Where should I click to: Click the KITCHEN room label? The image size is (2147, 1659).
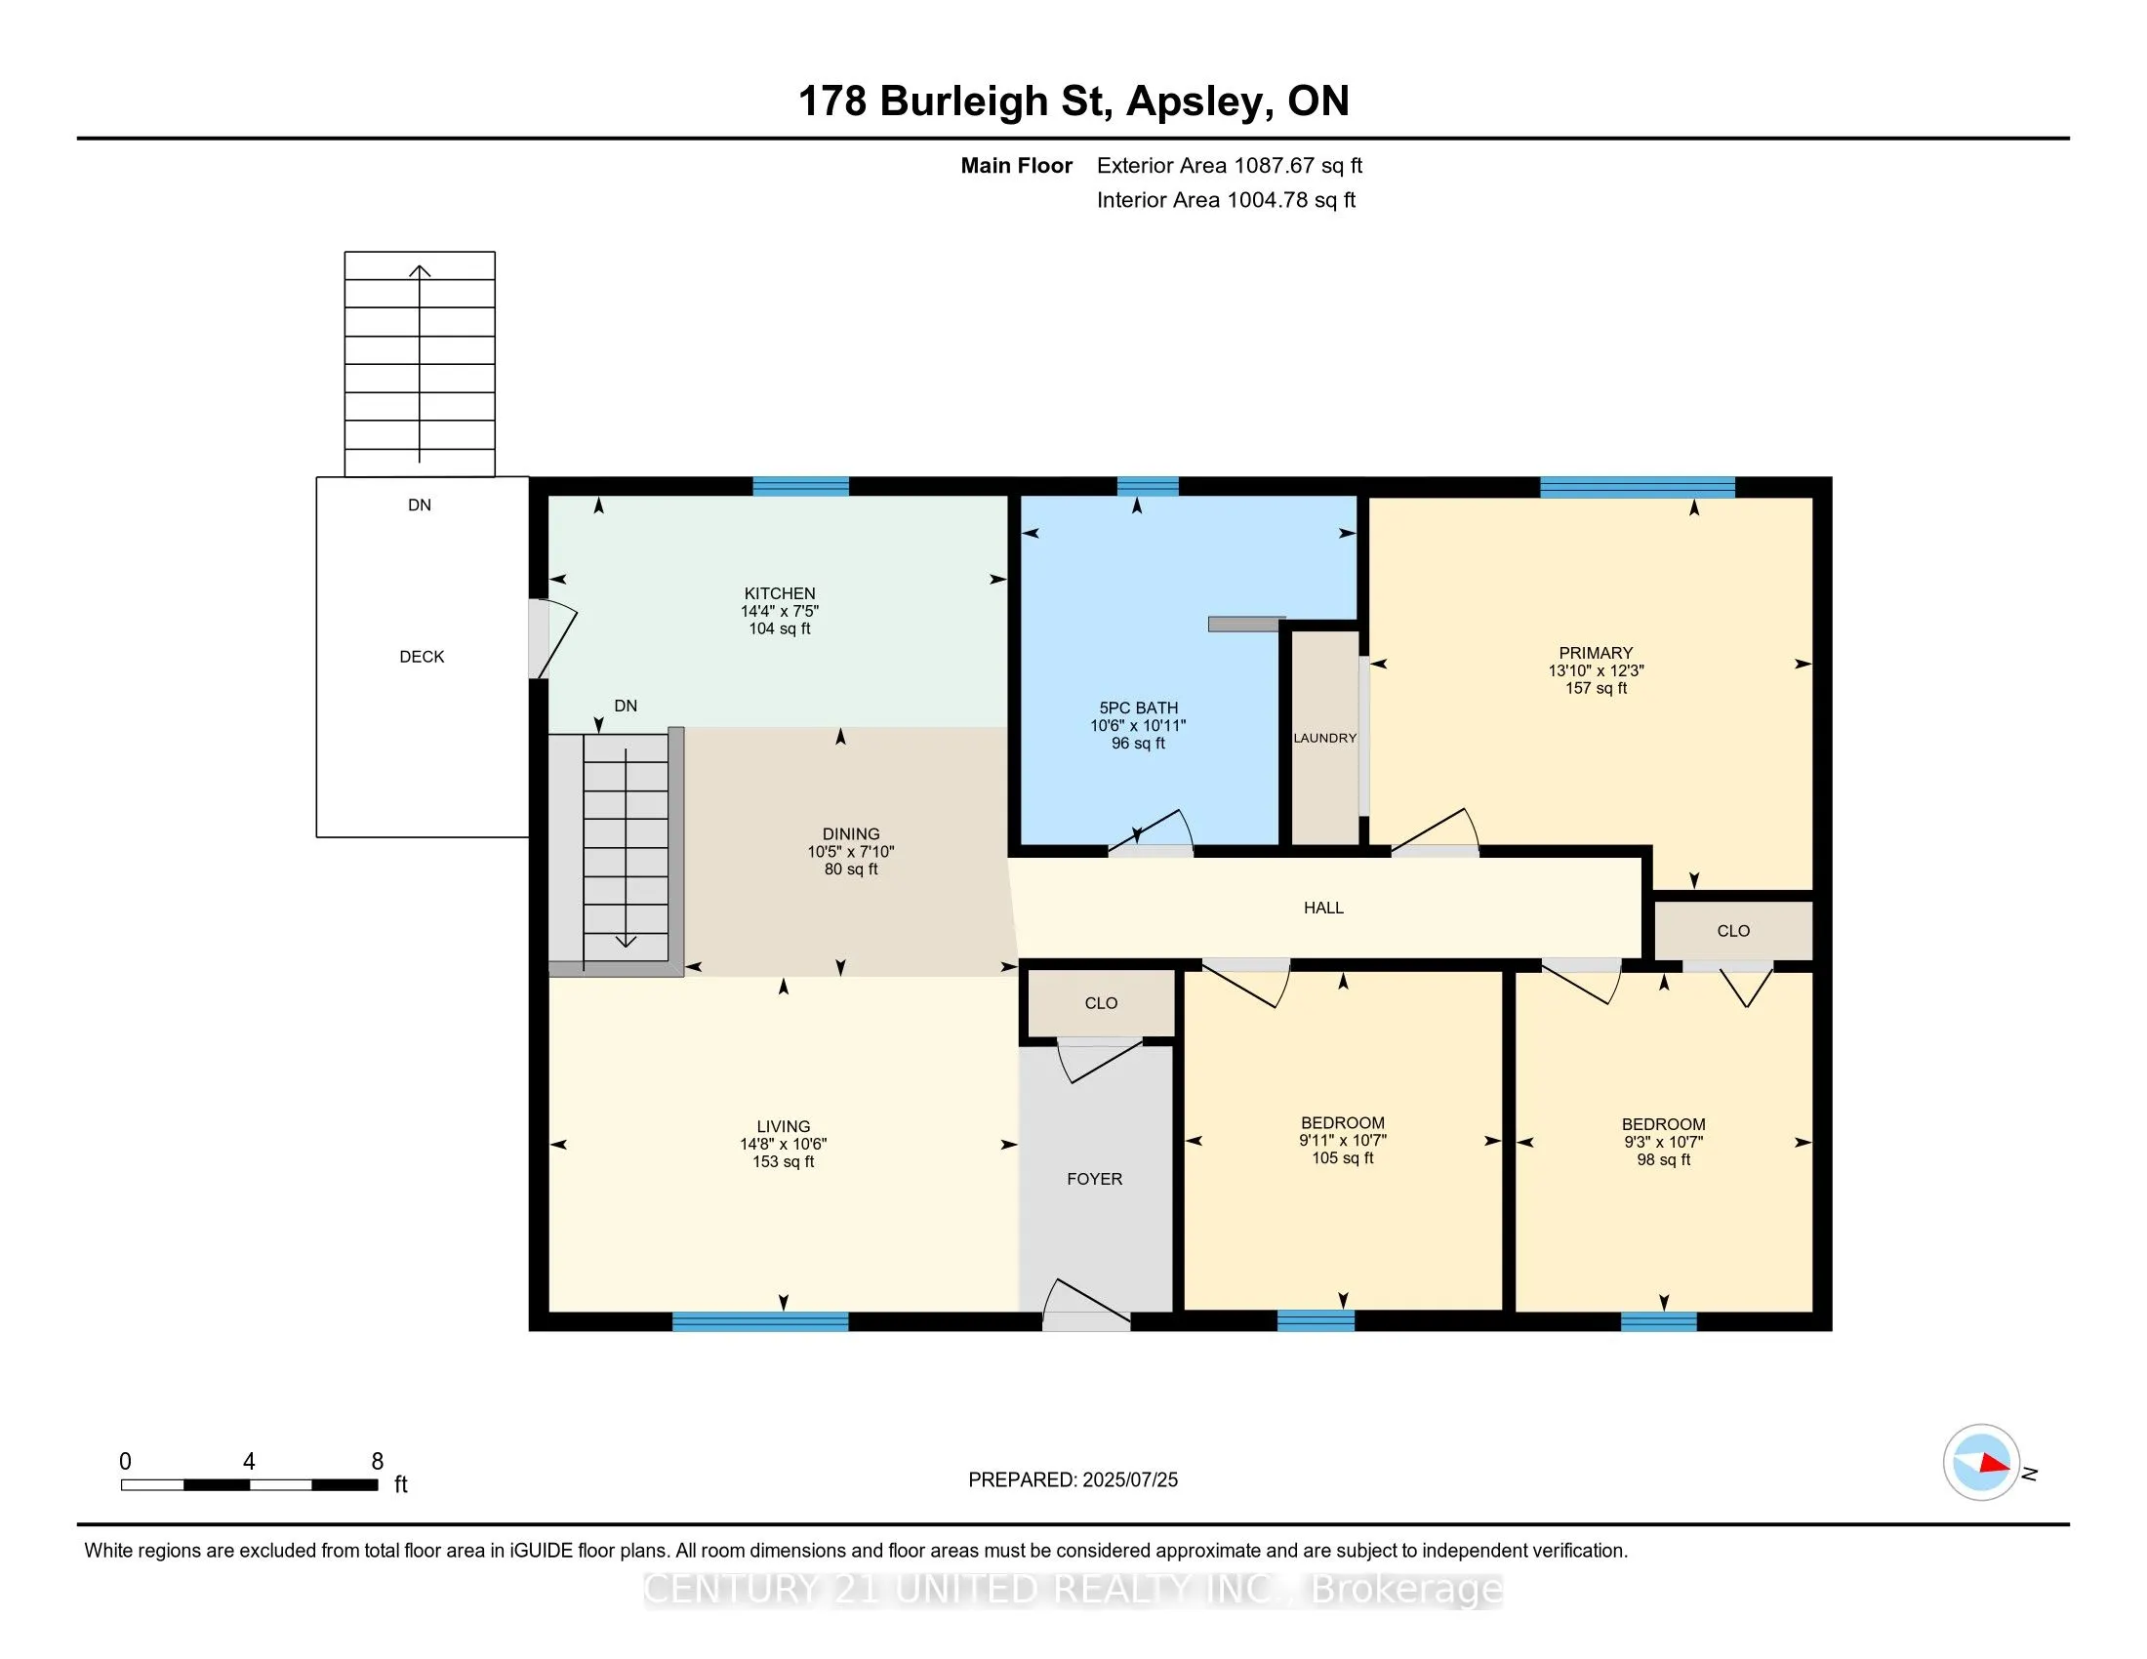click(x=780, y=593)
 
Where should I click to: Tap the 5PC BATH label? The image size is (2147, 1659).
click(x=1138, y=708)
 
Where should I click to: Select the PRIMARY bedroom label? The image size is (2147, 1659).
click(x=1596, y=653)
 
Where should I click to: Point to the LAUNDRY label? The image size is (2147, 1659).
click(x=1325, y=738)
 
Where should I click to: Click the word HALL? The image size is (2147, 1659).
click(x=1323, y=909)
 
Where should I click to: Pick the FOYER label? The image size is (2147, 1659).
click(x=1094, y=1180)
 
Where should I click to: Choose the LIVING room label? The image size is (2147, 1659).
click(x=784, y=1126)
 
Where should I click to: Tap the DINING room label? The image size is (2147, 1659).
click(x=851, y=833)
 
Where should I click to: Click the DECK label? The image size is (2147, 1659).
click(x=422, y=657)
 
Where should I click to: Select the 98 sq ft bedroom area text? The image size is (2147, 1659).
click(x=1663, y=1159)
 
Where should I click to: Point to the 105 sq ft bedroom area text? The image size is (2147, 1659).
click(x=1343, y=1157)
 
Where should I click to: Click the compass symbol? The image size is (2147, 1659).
click(x=1981, y=1463)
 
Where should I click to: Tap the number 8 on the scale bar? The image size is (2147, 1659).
click(x=378, y=1462)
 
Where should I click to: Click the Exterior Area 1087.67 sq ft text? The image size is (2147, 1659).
click(x=1230, y=166)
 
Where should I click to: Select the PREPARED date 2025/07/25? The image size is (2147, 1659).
click(x=1129, y=1480)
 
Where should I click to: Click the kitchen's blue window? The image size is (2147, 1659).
click(x=801, y=486)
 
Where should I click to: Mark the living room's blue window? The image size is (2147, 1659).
click(x=760, y=1322)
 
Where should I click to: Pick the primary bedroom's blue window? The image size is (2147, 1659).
click(x=1638, y=487)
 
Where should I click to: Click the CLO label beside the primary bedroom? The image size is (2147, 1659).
click(x=1733, y=931)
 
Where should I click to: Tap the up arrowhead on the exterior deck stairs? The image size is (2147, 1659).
click(x=420, y=271)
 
